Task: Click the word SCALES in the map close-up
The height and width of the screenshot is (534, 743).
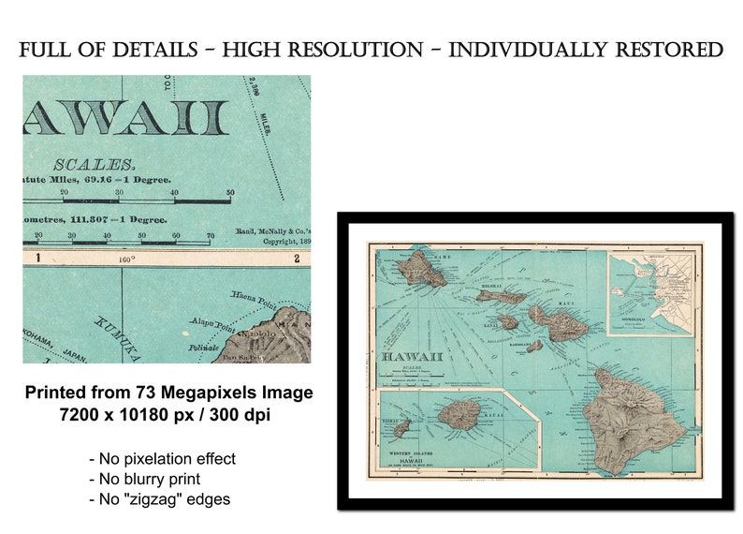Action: pyautogui.click(x=93, y=164)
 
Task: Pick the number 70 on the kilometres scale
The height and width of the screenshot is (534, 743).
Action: pyautogui.click(x=211, y=236)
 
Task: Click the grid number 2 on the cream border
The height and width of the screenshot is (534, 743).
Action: pyautogui.click(x=296, y=258)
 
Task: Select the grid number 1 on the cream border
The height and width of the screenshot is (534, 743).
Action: pyautogui.click(x=37, y=258)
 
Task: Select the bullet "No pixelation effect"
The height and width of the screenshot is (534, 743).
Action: pyautogui.click(x=161, y=459)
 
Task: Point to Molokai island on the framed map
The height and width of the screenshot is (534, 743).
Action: pyautogui.click(x=501, y=296)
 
